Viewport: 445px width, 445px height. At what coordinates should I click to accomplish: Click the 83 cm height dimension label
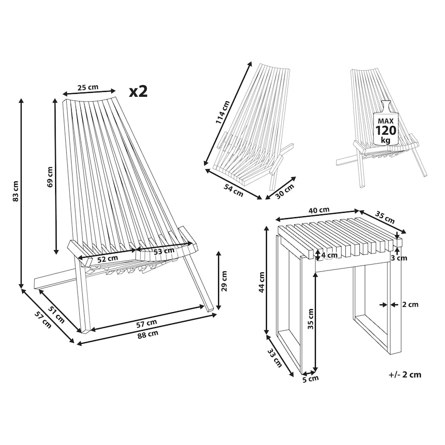(x=15, y=191)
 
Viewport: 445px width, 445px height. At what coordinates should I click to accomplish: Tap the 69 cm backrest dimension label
(x=50, y=177)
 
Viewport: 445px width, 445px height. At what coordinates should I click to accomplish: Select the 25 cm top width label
(x=88, y=87)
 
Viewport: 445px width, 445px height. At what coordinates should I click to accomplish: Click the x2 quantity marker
(x=138, y=91)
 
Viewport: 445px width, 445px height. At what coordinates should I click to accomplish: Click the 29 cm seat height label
(x=224, y=281)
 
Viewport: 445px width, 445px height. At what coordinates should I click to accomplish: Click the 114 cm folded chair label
(x=222, y=112)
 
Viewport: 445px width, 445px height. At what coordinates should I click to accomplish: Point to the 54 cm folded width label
(x=233, y=190)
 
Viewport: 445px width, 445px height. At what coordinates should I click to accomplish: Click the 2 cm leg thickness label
(x=410, y=305)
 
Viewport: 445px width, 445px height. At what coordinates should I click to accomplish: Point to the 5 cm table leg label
(x=310, y=379)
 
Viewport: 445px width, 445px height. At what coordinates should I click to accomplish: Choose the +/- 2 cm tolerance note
(x=405, y=374)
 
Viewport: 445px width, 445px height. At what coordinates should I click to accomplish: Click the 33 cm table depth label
(x=274, y=358)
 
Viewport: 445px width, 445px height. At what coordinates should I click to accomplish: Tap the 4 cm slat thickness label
(x=329, y=255)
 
